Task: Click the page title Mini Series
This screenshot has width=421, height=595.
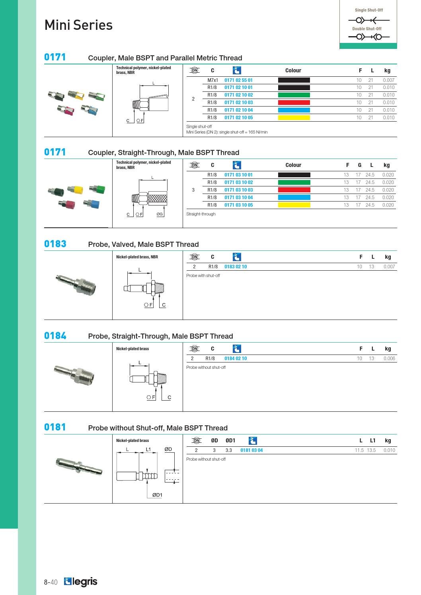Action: click(x=78, y=25)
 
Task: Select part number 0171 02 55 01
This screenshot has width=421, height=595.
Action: click(x=238, y=80)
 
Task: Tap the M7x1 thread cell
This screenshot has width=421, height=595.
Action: click(x=212, y=80)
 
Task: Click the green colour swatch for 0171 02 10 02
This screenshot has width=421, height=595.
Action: click(x=294, y=95)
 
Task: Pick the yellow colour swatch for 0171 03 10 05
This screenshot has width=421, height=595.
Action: click(x=294, y=205)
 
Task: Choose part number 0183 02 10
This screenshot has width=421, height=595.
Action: click(x=235, y=266)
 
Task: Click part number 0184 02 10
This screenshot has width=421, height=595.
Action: click(x=235, y=359)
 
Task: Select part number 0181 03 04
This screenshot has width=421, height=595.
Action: click(x=251, y=450)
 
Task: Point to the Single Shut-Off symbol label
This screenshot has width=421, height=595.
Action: click(x=368, y=10)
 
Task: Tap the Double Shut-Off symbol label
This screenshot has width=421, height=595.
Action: click(x=367, y=29)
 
